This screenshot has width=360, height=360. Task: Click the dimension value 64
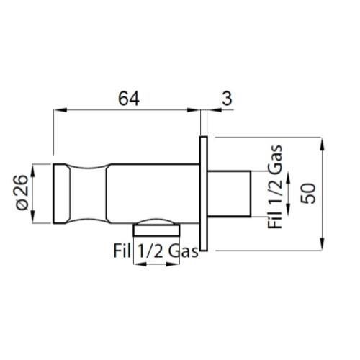pos(129,99)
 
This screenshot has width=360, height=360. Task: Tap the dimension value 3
pos(227,99)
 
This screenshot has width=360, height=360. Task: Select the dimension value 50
pos(308,194)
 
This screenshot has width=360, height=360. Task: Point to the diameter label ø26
pos(22,193)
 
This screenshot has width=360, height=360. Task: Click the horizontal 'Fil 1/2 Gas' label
pos(156,251)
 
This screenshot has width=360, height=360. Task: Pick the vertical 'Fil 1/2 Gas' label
pos(275,186)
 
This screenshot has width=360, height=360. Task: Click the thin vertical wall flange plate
pos(204,194)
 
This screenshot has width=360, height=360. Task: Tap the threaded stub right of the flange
pos(229,194)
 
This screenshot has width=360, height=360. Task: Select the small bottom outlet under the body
pos(156,228)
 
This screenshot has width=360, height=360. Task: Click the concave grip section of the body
pos(88,194)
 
